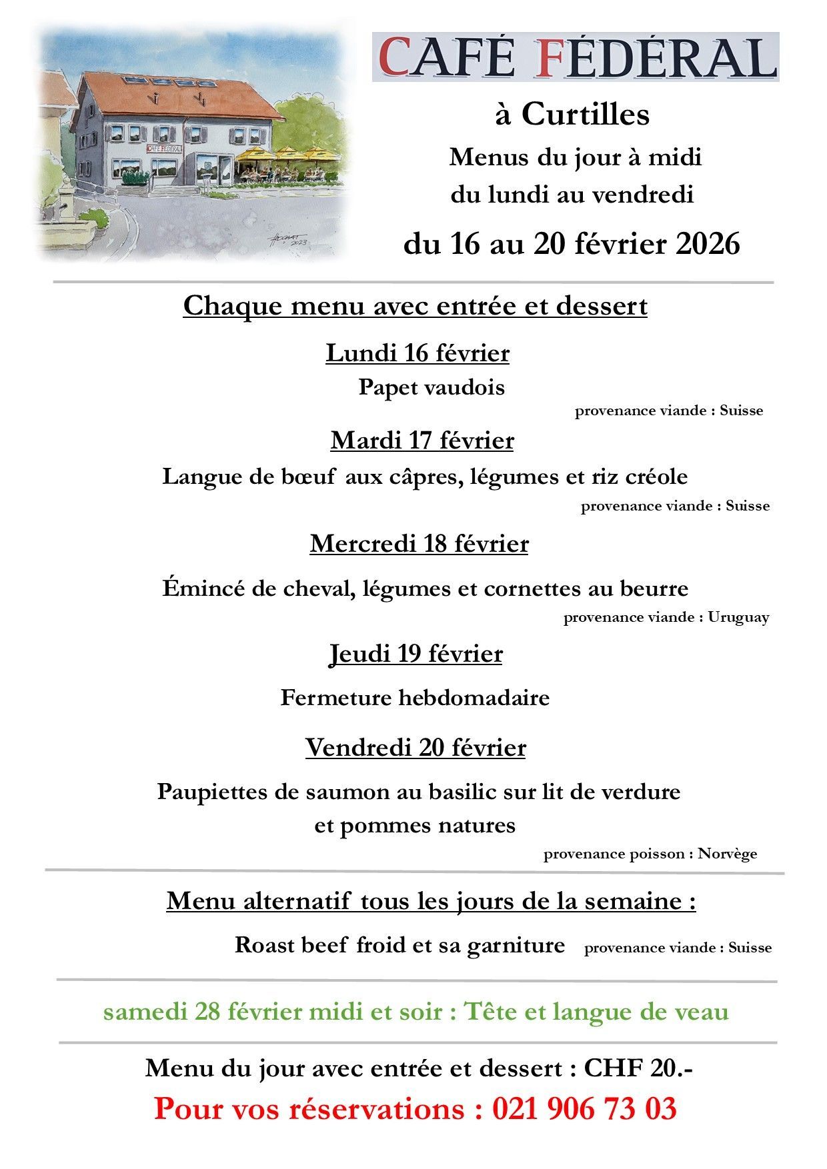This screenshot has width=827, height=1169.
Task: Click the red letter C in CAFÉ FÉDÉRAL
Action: coord(397,58)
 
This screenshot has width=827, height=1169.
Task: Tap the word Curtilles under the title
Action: coord(585,115)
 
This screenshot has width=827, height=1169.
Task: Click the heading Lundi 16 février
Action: coord(417,353)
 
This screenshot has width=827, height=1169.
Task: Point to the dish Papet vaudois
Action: coord(431,387)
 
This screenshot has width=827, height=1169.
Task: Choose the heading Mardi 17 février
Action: coord(422,441)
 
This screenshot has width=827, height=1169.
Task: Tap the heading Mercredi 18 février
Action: coord(419,544)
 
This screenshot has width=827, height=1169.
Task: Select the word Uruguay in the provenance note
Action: coord(738,617)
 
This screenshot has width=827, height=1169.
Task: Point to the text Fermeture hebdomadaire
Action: coord(415,698)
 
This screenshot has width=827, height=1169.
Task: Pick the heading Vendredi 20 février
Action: coord(416,748)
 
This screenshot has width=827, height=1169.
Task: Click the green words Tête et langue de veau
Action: coord(596,1012)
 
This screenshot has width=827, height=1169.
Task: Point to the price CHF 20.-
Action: coord(638,1068)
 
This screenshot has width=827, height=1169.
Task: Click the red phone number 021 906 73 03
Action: coord(584,1109)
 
